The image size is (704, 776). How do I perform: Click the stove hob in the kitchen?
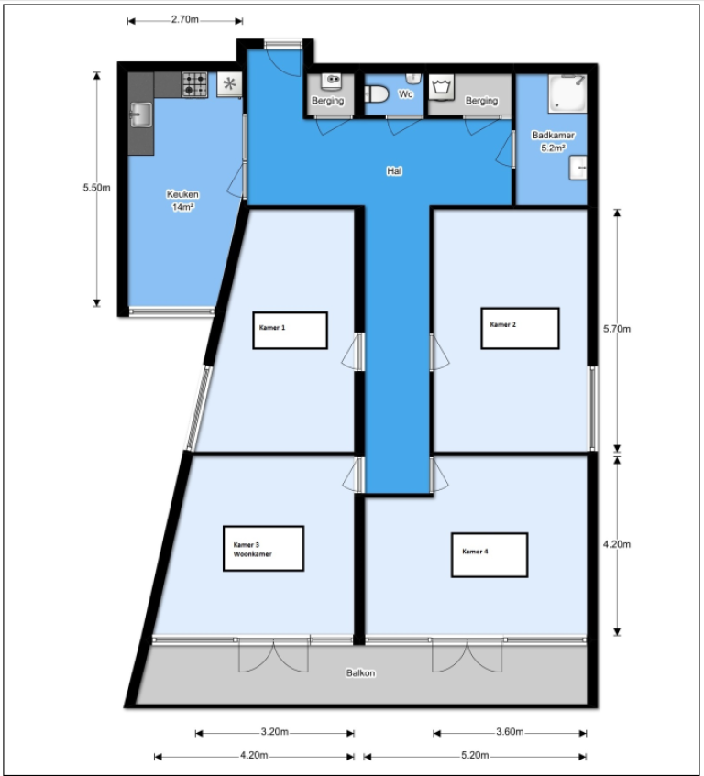coord(194,84)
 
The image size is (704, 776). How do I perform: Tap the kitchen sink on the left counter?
coord(140,116)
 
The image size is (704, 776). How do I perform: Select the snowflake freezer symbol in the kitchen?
coord(228,84)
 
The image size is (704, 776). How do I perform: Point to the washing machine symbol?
coord(443,87)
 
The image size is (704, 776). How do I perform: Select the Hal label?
coord(395,170)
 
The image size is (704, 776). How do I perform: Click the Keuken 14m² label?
coord(182,201)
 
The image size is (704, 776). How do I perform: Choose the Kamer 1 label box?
coord(290,330)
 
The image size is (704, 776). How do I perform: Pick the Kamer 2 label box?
coord(520,328)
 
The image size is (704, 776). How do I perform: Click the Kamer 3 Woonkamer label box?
coord(263,549)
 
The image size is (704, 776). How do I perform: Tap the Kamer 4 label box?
coord(489,555)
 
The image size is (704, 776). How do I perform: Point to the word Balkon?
coord(360,673)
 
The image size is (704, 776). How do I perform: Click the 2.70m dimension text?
coord(184,19)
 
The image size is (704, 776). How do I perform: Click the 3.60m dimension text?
coord(509,732)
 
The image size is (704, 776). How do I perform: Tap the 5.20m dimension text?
coord(474,756)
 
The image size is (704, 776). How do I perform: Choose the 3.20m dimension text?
coord(275,732)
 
